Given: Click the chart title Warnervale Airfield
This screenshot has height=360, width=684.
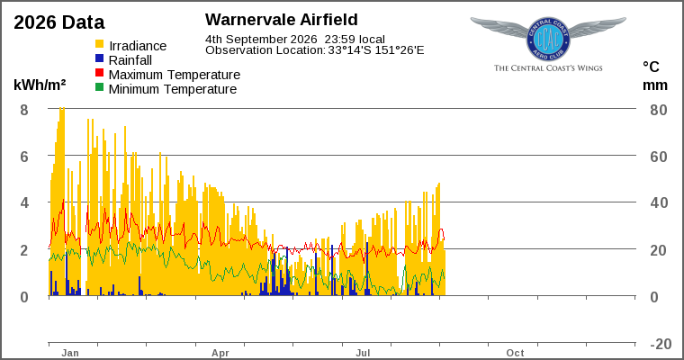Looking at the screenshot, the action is click(282, 20).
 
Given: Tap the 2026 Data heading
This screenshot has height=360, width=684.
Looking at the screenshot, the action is click(59, 22).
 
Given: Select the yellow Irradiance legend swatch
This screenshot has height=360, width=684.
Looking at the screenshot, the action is click(100, 44).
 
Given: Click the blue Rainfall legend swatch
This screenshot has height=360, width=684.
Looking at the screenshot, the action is click(100, 58).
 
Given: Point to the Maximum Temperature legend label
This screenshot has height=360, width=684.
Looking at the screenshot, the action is click(175, 75).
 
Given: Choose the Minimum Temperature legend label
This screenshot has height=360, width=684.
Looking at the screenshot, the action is click(173, 89).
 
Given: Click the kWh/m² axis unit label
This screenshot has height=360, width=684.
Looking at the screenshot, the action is click(40, 85).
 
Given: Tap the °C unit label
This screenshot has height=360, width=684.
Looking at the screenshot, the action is click(651, 67).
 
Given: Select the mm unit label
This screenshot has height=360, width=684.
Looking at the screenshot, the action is click(655, 85).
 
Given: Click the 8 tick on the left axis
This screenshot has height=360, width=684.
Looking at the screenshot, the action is click(24, 110).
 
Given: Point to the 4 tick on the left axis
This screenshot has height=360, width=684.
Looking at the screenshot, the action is click(24, 202).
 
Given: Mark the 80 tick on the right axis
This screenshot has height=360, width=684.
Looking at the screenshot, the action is click(659, 110).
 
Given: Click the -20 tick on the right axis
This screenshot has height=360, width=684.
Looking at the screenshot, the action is click(661, 344).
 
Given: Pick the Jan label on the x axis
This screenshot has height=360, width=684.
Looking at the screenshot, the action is click(70, 353).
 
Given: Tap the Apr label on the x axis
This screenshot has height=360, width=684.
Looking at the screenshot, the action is click(220, 353).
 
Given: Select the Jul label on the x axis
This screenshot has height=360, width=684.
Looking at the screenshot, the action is click(363, 353).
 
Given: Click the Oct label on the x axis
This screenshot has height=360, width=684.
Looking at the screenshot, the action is click(515, 353).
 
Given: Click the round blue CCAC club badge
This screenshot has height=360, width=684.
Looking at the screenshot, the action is click(548, 40).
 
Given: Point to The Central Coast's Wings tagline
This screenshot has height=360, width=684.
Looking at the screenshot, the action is click(548, 68).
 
